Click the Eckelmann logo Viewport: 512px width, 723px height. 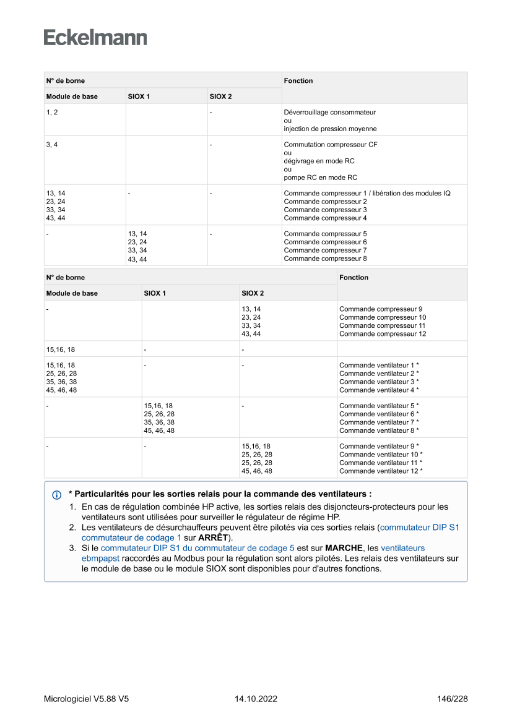pyautogui.click(x=95, y=38)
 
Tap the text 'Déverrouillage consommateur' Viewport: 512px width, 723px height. pyautogui.click(x=329, y=113)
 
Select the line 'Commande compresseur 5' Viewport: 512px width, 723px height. pyautogui.click(x=325, y=234)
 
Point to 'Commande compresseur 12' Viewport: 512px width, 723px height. pyautogui.click(x=383, y=334)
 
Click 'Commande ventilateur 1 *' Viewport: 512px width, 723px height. pyautogui.click(x=379, y=366)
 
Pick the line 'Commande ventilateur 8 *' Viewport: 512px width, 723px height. pyautogui.click(x=379, y=430)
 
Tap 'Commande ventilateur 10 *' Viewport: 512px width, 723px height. pyautogui.click(x=381, y=455)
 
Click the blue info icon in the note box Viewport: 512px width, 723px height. pyautogui.click(x=57, y=495)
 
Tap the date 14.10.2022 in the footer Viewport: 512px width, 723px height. pyautogui.click(x=256, y=699)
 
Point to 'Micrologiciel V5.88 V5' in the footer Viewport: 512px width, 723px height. pyautogui.click(x=87, y=699)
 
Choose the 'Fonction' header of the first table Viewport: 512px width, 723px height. pyautogui.click(x=298, y=81)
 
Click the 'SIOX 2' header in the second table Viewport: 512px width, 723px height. pyautogui.click(x=253, y=293)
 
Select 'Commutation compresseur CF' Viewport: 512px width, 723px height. pyautogui.click(x=331, y=145)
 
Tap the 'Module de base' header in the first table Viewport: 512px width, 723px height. pyautogui.click(x=72, y=96)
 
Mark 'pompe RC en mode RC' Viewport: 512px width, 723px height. pyautogui.click(x=320, y=178)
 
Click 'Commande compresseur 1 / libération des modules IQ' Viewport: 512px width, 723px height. pyautogui.click(x=367, y=194)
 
